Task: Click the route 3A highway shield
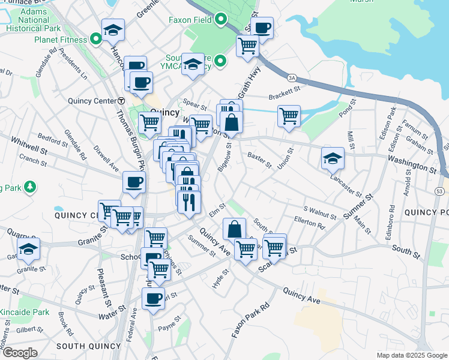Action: coord(292,77)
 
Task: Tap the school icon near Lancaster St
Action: coord(333,158)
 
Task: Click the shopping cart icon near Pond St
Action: coord(289,115)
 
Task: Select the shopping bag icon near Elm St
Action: coord(234,229)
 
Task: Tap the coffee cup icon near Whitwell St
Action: coord(134,182)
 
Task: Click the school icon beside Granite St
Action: coord(28,248)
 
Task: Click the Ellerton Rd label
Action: coord(309,223)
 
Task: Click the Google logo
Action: coord(19,352)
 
